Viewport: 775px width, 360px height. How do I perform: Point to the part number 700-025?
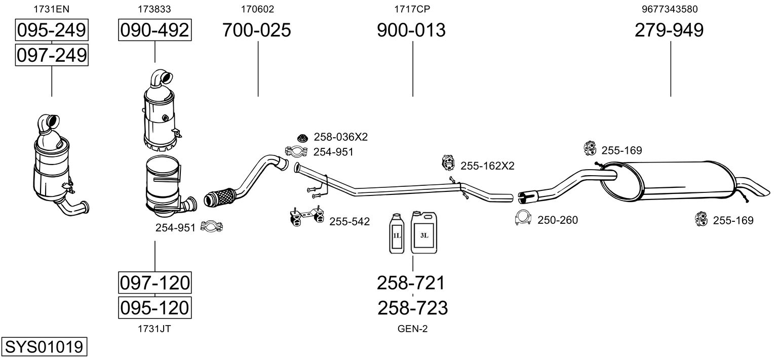tap(257, 30)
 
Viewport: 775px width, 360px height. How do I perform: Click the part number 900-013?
tap(411, 30)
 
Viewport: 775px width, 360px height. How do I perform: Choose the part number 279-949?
tap(669, 30)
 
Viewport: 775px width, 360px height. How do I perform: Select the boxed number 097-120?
tap(154, 283)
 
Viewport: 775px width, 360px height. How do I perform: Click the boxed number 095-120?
tap(154, 307)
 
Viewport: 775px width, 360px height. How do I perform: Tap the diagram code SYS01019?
tap(44, 347)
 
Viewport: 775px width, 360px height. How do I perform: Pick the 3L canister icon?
tap(424, 233)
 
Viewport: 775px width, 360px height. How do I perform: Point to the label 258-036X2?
tap(340, 137)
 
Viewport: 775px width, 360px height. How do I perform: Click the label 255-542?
tap(350, 221)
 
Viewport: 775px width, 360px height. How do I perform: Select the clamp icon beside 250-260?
tap(523, 218)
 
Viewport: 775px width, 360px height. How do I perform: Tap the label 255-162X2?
tap(487, 166)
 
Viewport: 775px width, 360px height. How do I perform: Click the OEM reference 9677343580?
tap(669, 9)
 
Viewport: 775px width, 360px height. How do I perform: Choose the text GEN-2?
tap(413, 329)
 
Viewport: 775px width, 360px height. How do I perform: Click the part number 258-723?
tap(413, 308)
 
